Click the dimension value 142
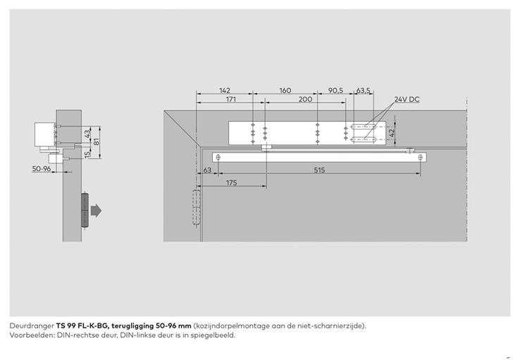click(x=225, y=91)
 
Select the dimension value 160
click(x=285, y=91)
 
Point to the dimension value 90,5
click(x=335, y=91)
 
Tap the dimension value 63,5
click(x=364, y=91)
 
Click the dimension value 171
click(x=230, y=99)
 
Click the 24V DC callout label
click(x=407, y=99)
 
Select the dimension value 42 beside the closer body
click(x=392, y=131)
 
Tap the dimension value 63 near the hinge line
click(x=207, y=170)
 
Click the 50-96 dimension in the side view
click(x=42, y=169)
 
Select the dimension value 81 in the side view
click(x=97, y=142)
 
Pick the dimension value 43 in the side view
click(x=87, y=133)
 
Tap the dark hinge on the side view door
click(x=85, y=209)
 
